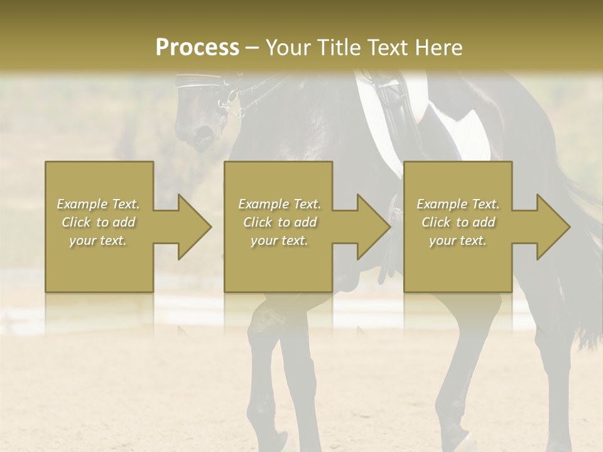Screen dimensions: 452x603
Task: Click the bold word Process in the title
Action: pyautogui.click(x=197, y=48)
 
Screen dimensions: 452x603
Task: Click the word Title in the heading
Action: pyautogui.click(x=339, y=48)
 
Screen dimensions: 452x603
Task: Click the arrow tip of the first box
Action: pyautogui.click(x=210, y=227)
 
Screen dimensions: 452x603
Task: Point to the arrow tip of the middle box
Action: pyautogui.click(x=389, y=227)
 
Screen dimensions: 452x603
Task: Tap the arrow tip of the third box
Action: pyautogui.click(x=568, y=227)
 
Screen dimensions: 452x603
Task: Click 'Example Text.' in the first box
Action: pyautogui.click(x=98, y=204)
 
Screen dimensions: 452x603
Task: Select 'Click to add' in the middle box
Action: pyautogui.click(x=280, y=222)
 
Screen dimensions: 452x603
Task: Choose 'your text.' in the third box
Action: pyautogui.click(x=458, y=240)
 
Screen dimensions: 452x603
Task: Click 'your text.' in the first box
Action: pyautogui.click(x=98, y=240)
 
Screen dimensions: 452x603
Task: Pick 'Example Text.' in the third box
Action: pyautogui.click(x=458, y=204)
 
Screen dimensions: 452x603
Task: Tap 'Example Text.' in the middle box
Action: pyautogui.click(x=280, y=204)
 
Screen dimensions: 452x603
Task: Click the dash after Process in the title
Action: pyautogui.click(x=253, y=48)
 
